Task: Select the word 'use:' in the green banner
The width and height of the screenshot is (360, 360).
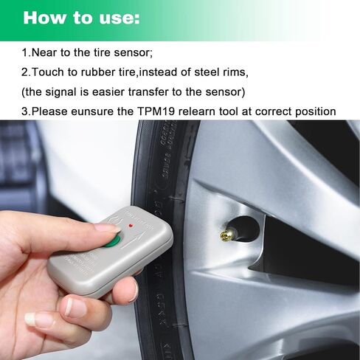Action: [x=120, y=18]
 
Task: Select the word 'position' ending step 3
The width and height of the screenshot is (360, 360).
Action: [x=314, y=112]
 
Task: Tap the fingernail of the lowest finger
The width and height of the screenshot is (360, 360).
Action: [x=35, y=319]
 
